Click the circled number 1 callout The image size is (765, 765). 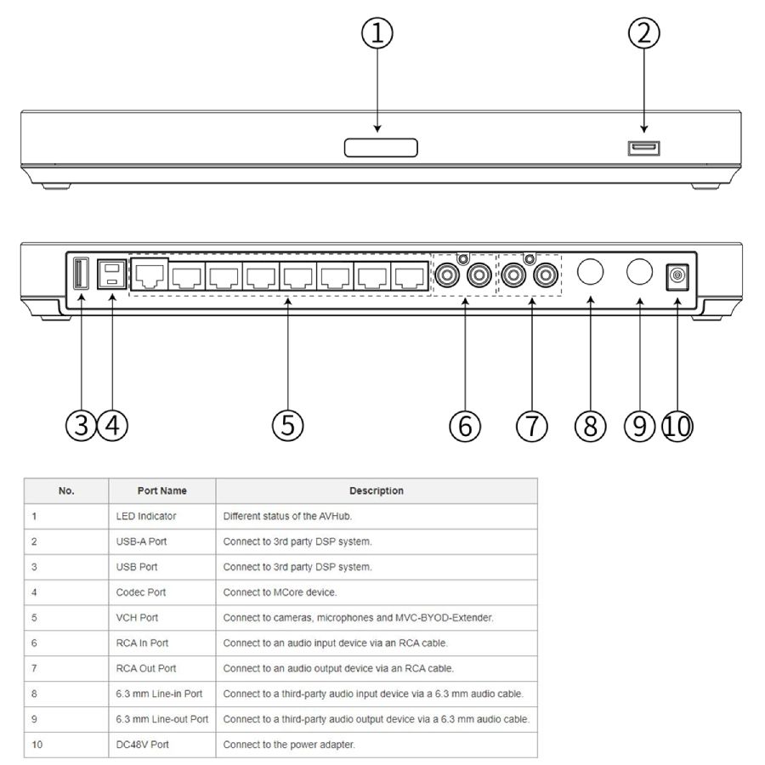[x=377, y=33]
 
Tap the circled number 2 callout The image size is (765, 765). [x=643, y=33]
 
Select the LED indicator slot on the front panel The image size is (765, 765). [x=381, y=148]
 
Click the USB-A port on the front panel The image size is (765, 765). [x=643, y=148]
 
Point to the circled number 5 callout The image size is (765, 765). [x=287, y=425]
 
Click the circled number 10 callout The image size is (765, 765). [x=677, y=426]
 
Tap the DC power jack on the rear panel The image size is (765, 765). [x=677, y=276]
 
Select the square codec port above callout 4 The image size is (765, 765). [x=111, y=274]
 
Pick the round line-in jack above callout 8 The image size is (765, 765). [x=590, y=271]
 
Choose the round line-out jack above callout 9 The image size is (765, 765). [x=639, y=271]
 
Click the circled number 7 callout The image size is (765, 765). [x=531, y=426]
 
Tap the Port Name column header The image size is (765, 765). [x=162, y=490]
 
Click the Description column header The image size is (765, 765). [x=377, y=490]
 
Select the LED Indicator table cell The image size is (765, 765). [x=146, y=516]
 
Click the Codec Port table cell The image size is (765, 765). [x=140, y=592]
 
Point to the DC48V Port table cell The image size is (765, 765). [x=142, y=745]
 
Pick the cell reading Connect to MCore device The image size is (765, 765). [x=280, y=592]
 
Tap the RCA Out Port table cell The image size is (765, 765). [x=146, y=668]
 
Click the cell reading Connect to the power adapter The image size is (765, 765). [x=289, y=745]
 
